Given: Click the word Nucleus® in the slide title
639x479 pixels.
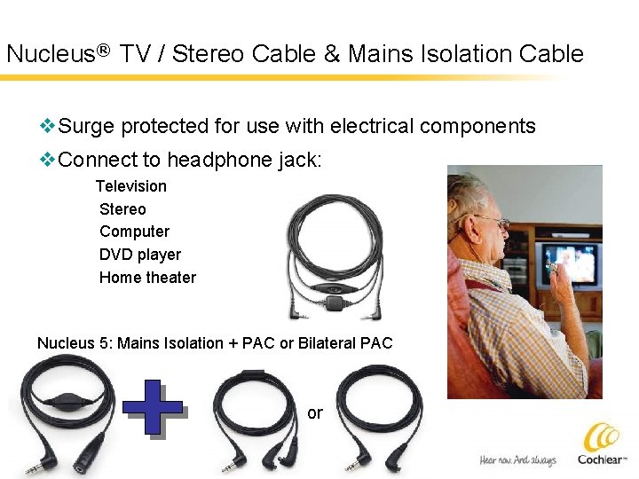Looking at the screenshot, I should coord(57,54).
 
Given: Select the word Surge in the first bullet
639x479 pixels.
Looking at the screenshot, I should coord(87,126).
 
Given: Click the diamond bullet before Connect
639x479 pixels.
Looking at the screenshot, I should coord(48,161).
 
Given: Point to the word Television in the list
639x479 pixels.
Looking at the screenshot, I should coord(130,186).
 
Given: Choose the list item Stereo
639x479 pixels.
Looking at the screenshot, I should coord(122,209).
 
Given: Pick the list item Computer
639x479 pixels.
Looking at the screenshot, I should coord(134,232).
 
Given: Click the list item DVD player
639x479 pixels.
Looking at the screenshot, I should coord(139,255).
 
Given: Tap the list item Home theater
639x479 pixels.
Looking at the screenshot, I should coord(147,278).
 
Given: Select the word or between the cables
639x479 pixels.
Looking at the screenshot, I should coord(315,413).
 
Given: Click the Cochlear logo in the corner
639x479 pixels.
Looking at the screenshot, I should coord(603,444).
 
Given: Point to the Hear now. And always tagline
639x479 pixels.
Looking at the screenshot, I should coord(517,459).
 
